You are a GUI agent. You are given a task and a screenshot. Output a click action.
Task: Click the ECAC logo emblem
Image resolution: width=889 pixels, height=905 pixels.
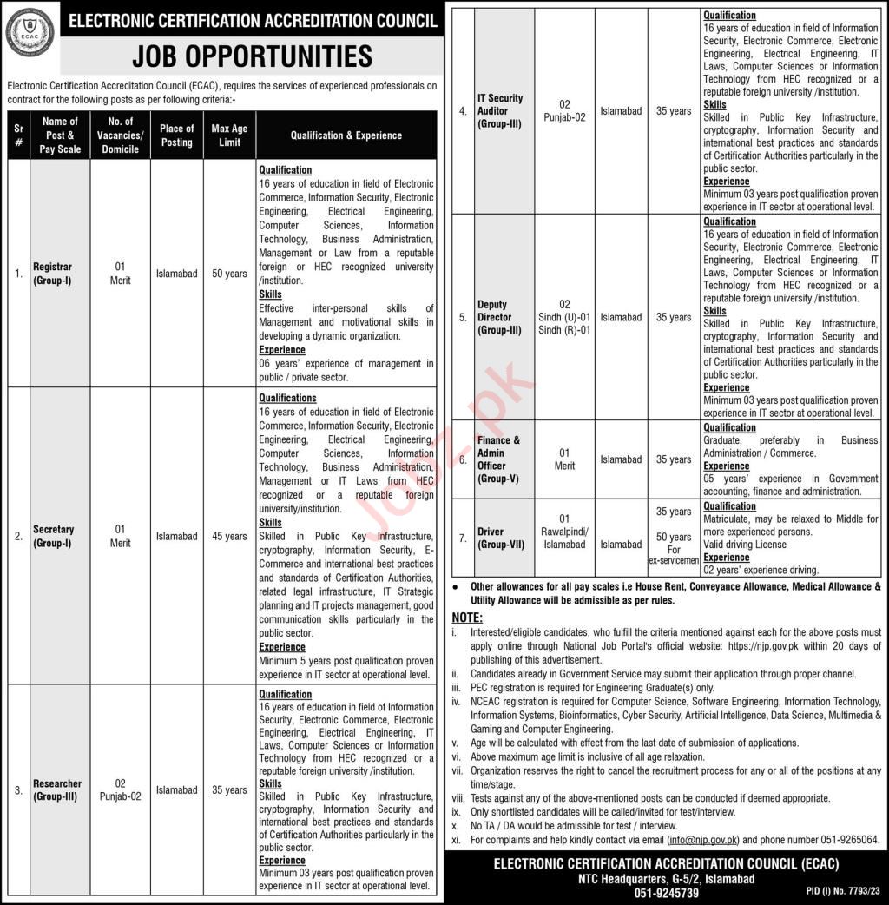pyautogui.click(x=30, y=32)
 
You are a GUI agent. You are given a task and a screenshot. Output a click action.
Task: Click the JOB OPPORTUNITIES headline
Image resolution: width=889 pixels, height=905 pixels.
pyautogui.click(x=252, y=56)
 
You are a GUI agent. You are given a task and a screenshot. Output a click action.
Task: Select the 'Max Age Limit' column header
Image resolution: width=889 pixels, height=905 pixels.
pyautogui.click(x=229, y=135)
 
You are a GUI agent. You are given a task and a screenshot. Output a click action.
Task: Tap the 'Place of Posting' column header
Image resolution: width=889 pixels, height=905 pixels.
pyautogui.click(x=176, y=135)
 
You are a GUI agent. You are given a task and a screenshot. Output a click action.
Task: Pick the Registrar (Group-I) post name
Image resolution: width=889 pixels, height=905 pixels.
pyautogui.click(x=53, y=274)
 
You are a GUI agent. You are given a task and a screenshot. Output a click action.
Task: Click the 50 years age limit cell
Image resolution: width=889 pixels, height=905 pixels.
pyautogui.click(x=229, y=274)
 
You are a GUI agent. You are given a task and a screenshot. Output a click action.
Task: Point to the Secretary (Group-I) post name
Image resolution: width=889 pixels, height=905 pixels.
pyautogui.click(x=53, y=536)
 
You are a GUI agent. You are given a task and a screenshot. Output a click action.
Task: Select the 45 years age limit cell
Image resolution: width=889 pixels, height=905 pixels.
pyautogui.click(x=229, y=536)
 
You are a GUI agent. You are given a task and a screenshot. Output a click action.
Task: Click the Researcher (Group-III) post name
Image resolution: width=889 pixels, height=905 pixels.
pyautogui.click(x=57, y=789)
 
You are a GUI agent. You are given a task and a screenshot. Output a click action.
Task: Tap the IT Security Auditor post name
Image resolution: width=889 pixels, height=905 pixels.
pyautogui.click(x=500, y=111)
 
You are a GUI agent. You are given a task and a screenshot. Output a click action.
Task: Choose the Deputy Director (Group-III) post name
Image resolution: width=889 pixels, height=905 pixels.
pyautogui.click(x=499, y=317)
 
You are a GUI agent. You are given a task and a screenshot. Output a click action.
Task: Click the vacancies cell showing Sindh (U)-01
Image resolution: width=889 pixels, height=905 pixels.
pyautogui.click(x=564, y=317)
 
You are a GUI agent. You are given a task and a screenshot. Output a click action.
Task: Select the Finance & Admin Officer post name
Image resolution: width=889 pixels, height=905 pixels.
pyautogui.click(x=499, y=459)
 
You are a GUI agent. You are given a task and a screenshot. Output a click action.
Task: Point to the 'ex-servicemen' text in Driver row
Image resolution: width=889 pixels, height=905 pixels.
pyautogui.click(x=674, y=560)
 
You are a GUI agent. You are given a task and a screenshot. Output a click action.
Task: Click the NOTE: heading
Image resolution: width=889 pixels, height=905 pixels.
pyautogui.click(x=468, y=617)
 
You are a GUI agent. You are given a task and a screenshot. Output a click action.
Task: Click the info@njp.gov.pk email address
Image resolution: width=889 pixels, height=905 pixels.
pyautogui.click(x=705, y=840)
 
